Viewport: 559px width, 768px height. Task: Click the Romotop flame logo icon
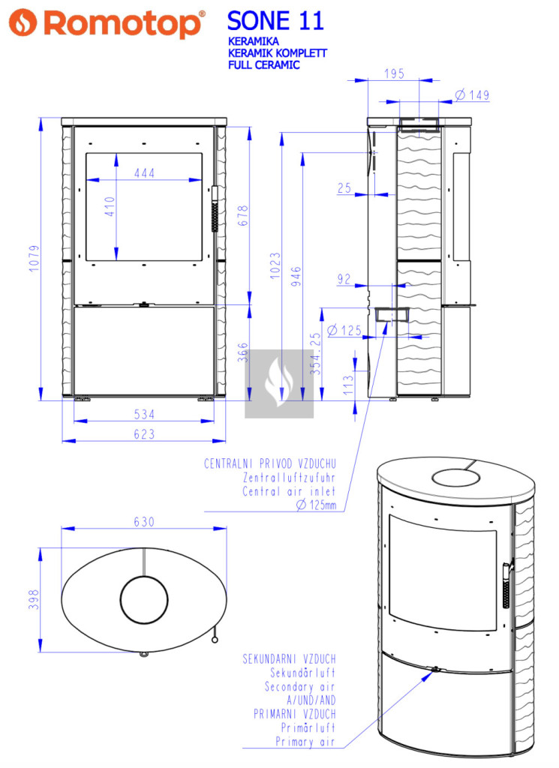[23, 22]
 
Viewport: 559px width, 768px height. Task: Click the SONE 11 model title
[275, 21]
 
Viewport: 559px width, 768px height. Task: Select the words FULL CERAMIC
[263, 64]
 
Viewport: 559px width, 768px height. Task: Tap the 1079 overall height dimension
[34, 258]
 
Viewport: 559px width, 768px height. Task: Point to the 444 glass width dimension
[145, 173]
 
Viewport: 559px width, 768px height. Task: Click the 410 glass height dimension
[110, 207]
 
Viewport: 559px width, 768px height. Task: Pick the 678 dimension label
[243, 215]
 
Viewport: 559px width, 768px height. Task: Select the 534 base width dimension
[144, 414]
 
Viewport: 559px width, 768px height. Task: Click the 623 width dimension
[144, 434]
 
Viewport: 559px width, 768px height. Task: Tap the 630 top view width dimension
[144, 522]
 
